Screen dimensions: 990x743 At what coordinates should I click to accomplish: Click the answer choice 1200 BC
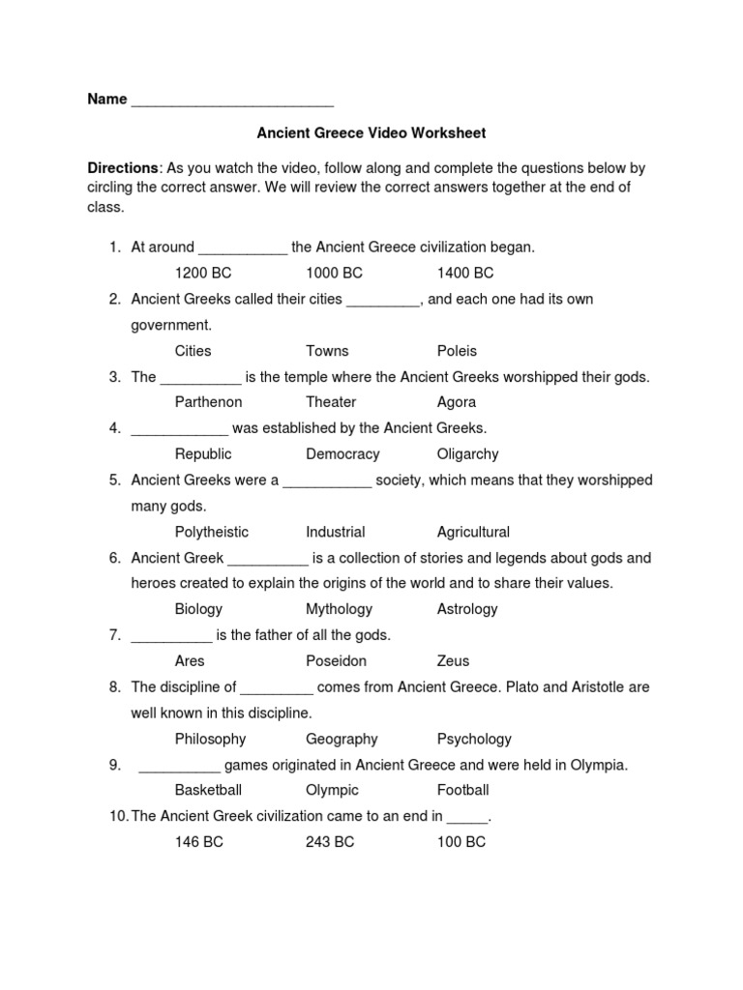[203, 274]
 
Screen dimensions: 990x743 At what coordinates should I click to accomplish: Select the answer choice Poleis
[457, 351]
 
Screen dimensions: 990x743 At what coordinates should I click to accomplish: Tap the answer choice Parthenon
[208, 402]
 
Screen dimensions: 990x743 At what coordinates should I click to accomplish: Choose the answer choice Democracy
[342, 454]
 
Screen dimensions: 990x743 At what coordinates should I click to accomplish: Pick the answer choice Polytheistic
[211, 532]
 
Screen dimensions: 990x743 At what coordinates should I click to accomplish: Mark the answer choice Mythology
[339, 609]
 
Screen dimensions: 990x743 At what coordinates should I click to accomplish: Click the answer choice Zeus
[453, 661]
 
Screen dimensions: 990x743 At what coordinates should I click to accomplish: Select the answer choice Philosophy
[210, 739]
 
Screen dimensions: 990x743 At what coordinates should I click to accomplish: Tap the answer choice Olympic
[332, 790]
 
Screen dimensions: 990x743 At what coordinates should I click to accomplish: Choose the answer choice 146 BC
[198, 842]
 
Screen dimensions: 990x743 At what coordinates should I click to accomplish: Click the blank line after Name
[232, 101]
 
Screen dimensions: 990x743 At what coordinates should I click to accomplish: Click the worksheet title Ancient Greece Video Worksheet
[371, 132]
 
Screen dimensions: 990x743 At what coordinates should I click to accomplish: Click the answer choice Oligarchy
[467, 454]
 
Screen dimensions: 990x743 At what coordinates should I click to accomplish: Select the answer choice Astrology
[466, 609]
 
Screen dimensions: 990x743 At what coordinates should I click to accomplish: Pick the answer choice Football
[462, 790]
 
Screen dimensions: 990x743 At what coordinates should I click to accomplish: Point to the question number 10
[117, 816]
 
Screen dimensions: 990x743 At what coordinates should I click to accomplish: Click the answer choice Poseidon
[336, 661]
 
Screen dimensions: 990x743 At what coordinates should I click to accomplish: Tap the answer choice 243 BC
[330, 842]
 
